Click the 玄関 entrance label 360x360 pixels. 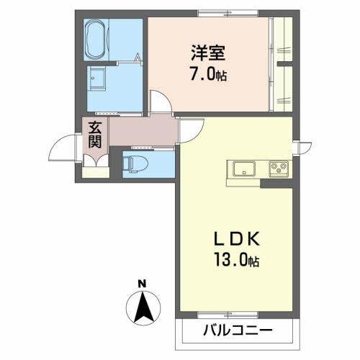[94, 135]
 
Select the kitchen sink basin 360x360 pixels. [242, 169]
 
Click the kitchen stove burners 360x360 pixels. [277, 170]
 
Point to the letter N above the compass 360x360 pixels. [143, 282]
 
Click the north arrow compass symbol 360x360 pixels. [143, 307]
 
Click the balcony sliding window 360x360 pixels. [235, 315]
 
